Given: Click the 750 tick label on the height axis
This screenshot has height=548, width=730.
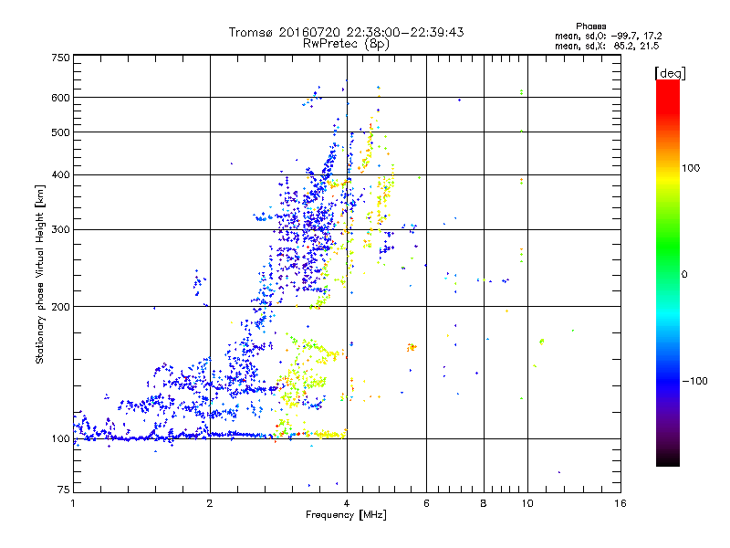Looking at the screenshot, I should click(59, 58).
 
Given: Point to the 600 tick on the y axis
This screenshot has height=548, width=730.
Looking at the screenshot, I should click(59, 98).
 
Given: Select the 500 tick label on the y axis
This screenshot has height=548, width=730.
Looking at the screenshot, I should click(59, 132).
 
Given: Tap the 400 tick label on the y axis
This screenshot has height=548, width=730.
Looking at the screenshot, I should click(59, 174).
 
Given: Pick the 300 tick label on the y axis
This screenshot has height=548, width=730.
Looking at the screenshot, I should click(59, 229).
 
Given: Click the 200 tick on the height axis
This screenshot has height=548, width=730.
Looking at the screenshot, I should click(59, 306).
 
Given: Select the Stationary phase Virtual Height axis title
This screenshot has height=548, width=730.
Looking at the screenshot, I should click(40, 274).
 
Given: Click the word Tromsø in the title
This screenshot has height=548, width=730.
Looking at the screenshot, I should click(252, 32).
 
